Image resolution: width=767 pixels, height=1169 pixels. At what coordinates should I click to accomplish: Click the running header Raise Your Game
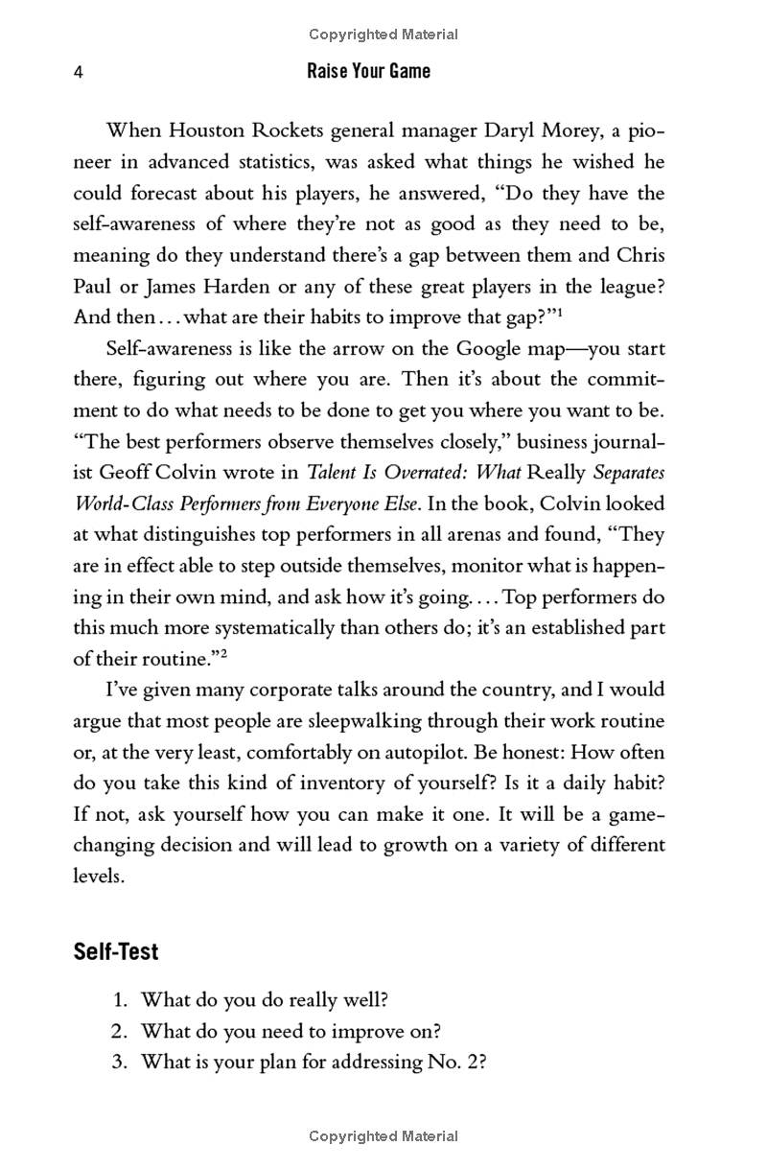369,71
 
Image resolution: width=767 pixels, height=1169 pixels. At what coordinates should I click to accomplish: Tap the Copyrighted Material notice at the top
383,35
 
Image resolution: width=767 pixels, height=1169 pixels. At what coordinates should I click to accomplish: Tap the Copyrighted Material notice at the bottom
383,1136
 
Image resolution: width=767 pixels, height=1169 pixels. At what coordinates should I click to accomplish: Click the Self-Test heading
116,952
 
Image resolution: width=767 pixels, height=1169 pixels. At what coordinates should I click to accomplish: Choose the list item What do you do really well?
264,1000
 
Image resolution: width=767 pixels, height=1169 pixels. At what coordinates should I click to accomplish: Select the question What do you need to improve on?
291,1032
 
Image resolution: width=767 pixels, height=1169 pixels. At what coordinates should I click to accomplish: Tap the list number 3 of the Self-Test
120,1063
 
